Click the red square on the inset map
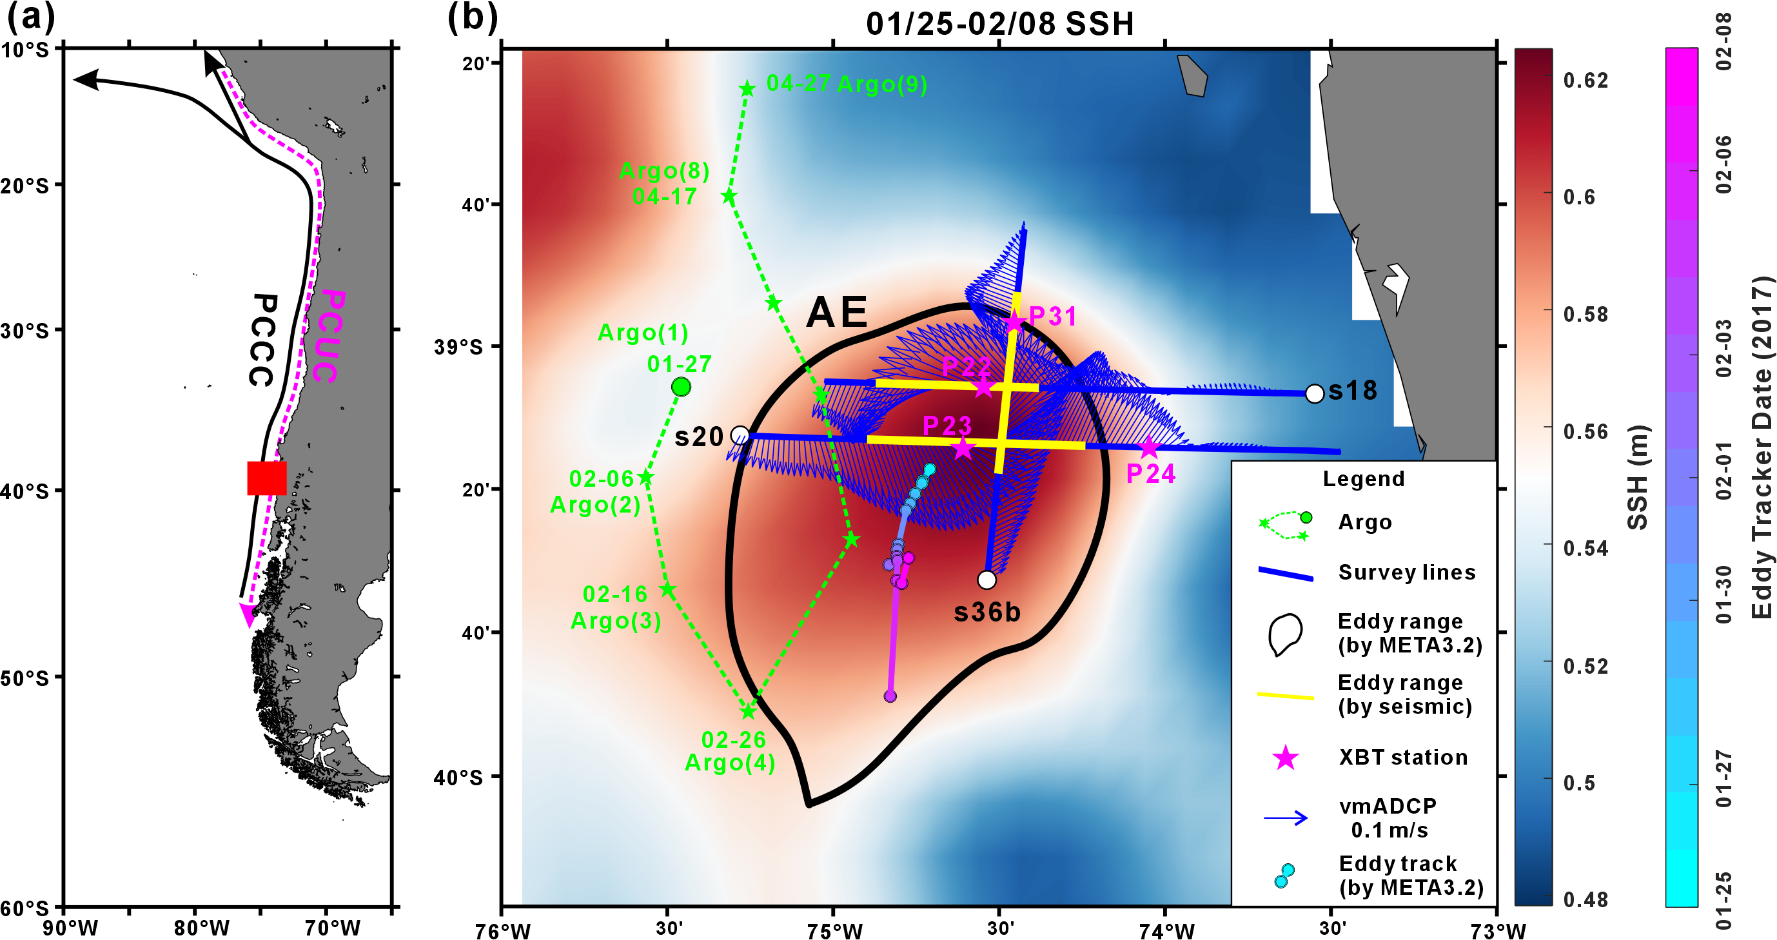pyautogui.click(x=267, y=478)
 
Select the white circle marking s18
pyautogui.click(x=1315, y=394)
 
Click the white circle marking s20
pyautogui.click(x=740, y=435)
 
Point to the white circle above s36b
pyautogui.click(x=987, y=580)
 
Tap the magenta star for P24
pyautogui.click(x=1148, y=448)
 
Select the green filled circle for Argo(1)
pyautogui.click(x=681, y=387)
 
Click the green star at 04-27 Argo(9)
pyautogui.click(x=747, y=88)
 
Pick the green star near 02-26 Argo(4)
pyautogui.click(x=749, y=710)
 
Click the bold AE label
pyautogui.click(x=836, y=313)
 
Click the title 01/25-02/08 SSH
pyautogui.click(x=1000, y=24)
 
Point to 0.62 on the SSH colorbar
pyautogui.click(x=1586, y=81)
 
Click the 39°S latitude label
pyautogui.click(x=458, y=347)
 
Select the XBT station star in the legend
pyautogui.click(x=1285, y=758)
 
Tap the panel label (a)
pyautogui.click(x=31, y=17)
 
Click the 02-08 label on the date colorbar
pyautogui.click(x=1722, y=41)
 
